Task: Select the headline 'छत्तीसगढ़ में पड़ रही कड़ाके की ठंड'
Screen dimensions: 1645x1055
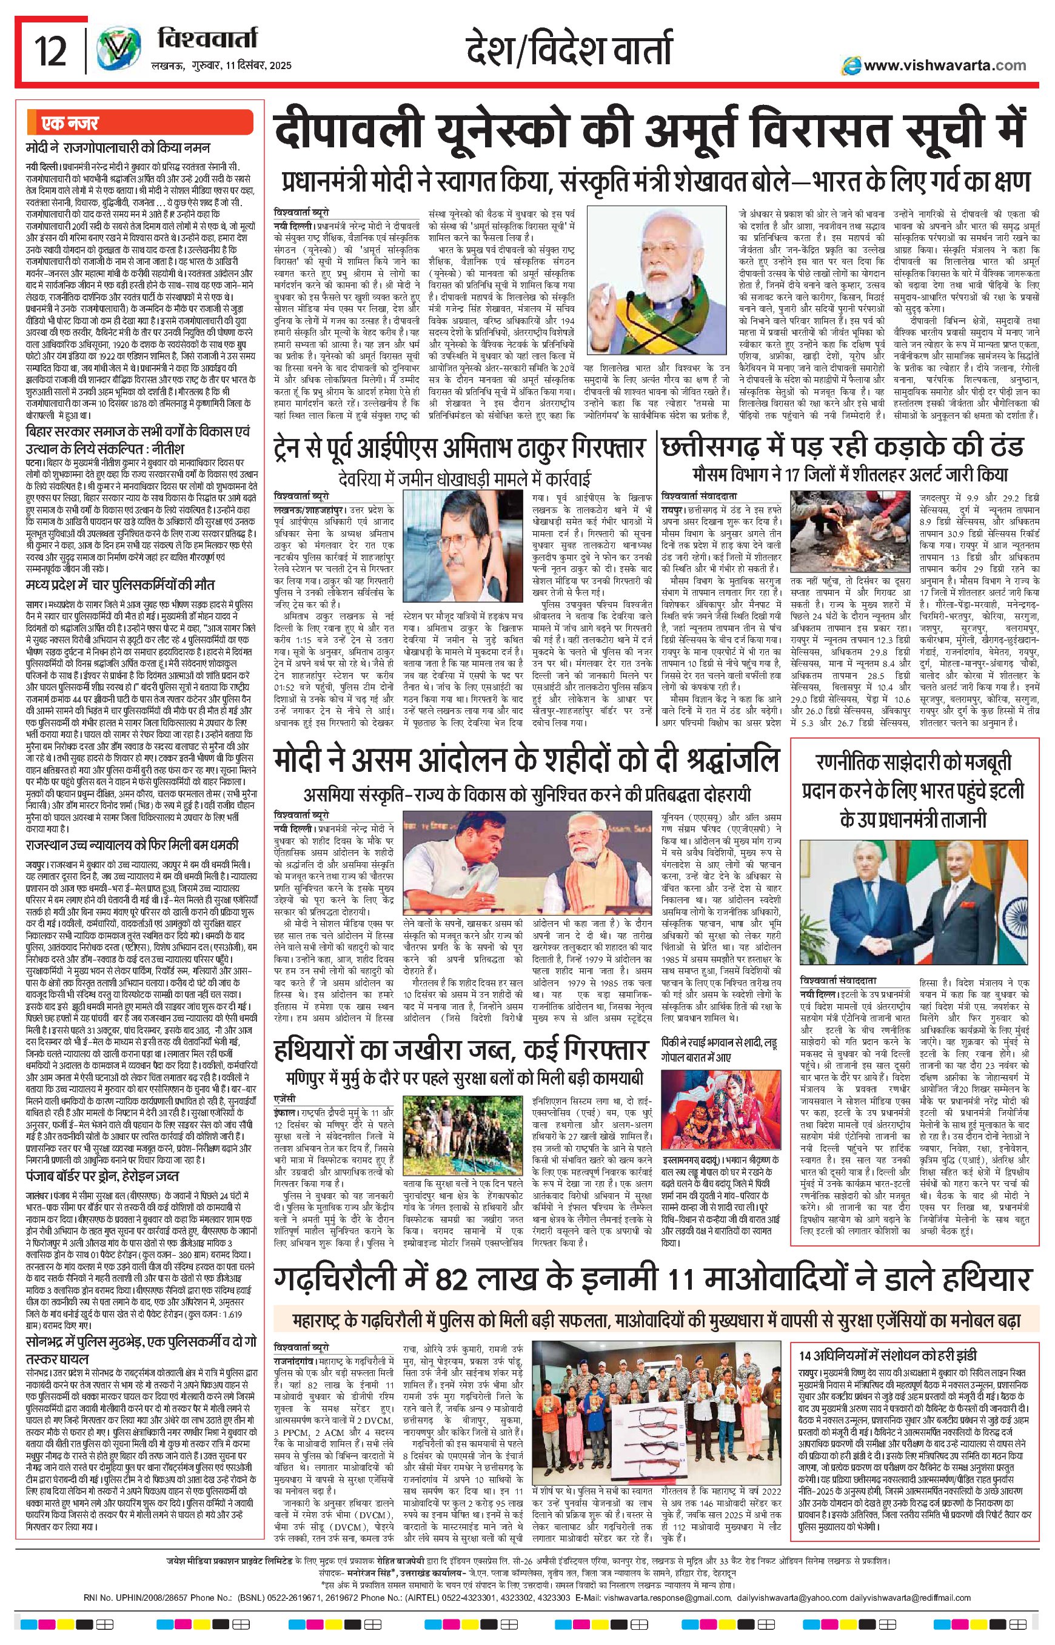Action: click(x=842, y=447)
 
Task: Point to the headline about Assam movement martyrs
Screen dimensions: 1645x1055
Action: click(x=526, y=760)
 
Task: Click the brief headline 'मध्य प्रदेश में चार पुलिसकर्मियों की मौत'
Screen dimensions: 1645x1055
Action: click(x=120, y=585)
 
